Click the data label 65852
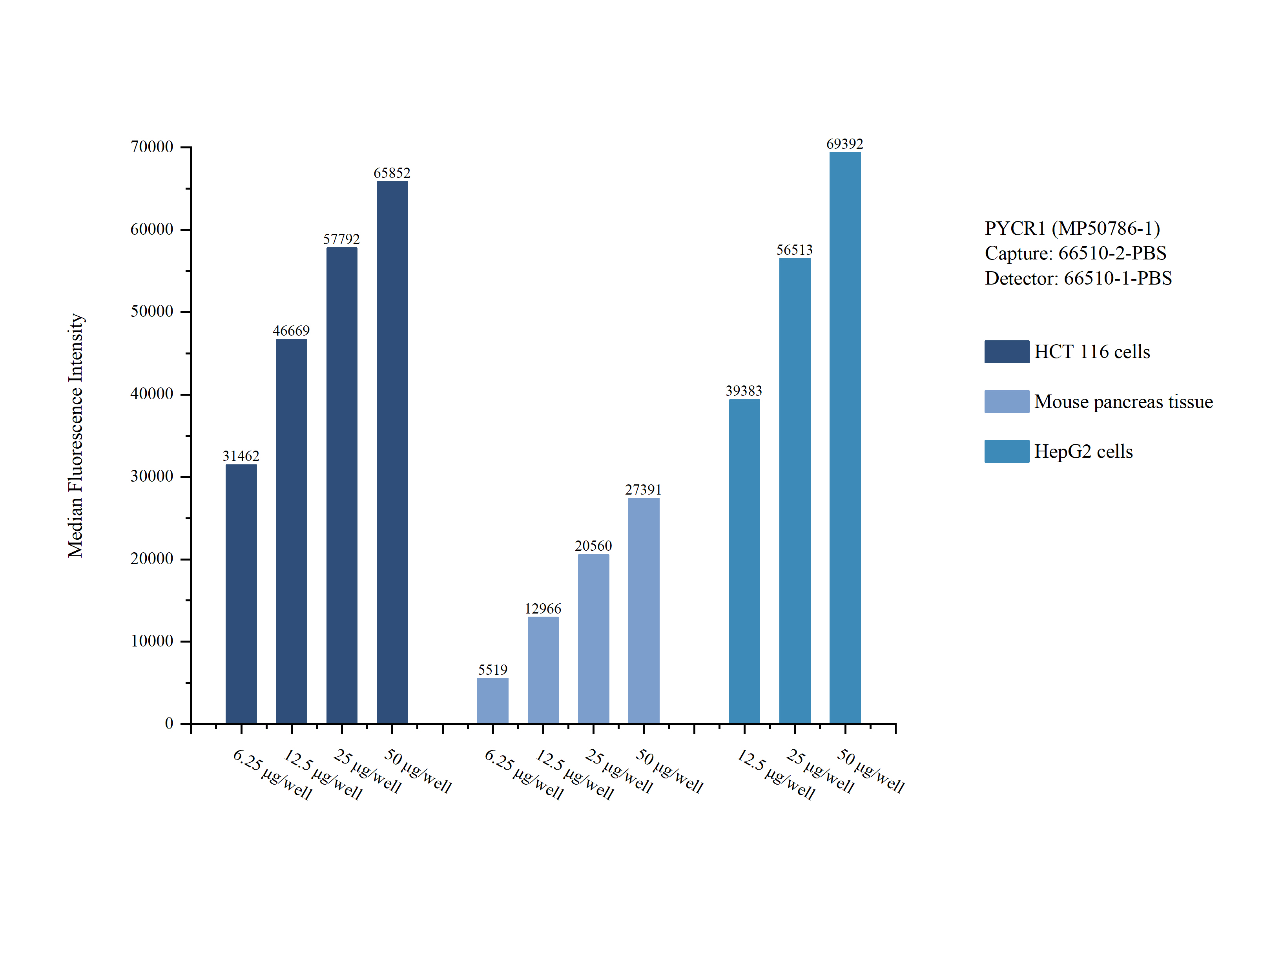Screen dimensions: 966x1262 [x=392, y=173]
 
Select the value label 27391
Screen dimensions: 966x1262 [x=643, y=490]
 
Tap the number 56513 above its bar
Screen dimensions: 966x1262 [x=794, y=250]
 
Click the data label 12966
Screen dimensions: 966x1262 [x=542, y=608]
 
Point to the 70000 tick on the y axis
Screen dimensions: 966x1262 [x=152, y=147]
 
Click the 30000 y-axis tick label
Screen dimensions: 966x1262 [x=152, y=477]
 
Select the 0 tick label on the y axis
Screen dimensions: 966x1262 [x=169, y=723]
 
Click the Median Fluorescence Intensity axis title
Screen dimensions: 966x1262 [x=75, y=435]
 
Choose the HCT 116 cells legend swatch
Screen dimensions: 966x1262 [x=1006, y=351]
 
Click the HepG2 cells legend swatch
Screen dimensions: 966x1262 [x=1006, y=451]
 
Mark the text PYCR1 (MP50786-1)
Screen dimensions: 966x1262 [x=1072, y=228]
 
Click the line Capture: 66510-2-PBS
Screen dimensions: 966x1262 [x=1075, y=253]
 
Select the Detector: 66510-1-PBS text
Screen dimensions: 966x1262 [x=1078, y=278]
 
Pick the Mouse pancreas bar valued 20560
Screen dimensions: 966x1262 [x=593, y=638]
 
